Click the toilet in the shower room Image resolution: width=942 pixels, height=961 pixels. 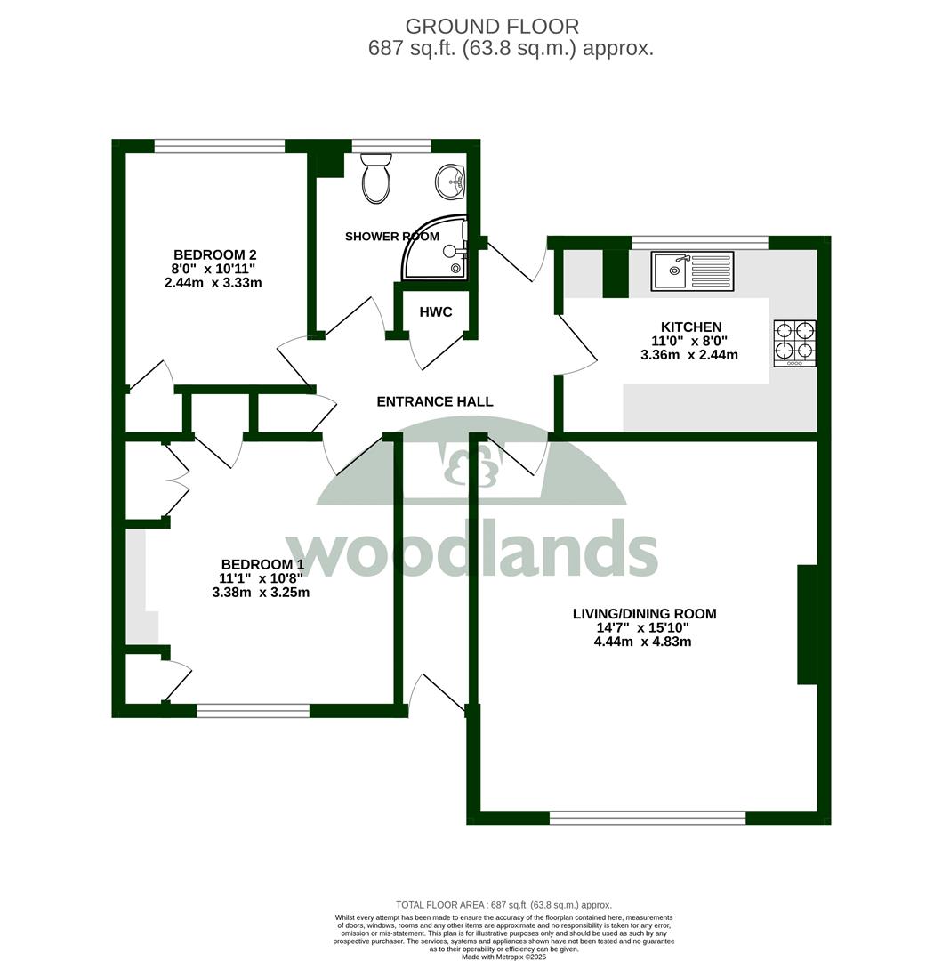pyautogui.click(x=376, y=178)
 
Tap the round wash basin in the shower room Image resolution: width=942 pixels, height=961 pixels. pyautogui.click(x=451, y=182)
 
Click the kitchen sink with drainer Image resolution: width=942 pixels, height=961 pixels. pyautogui.click(x=692, y=271)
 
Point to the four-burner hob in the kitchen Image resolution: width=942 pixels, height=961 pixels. pyautogui.click(x=795, y=343)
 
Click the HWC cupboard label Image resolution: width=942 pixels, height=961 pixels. pyautogui.click(x=436, y=312)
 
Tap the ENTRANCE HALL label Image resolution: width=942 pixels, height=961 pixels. pyautogui.click(x=435, y=401)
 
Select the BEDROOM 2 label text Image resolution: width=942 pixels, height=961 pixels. pyautogui.click(x=215, y=255)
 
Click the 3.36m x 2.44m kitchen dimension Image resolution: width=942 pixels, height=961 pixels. pyautogui.click(x=689, y=355)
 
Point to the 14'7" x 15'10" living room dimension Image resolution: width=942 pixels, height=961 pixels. pyautogui.click(x=643, y=627)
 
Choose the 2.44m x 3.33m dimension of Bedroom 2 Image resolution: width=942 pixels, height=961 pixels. pyautogui.click(x=213, y=283)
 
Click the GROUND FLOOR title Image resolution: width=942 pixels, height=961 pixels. pyautogui.click(x=492, y=27)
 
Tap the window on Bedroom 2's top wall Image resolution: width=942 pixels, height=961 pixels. pyautogui.click(x=220, y=146)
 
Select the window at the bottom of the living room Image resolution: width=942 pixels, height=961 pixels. pyautogui.click(x=648, y=818)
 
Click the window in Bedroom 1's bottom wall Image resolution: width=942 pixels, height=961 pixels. pyautogui.click(x=253, y=710)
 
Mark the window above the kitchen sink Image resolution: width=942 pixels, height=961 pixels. pyautogui.click(x=700, y=243)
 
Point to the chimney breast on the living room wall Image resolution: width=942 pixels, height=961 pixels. pyautogui.click(x=808, y=625)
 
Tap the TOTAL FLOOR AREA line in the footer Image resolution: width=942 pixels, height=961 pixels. pyautogui.click(x=503, y=905)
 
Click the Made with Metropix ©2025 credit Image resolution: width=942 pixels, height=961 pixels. pyautogui.click(x=503, y=956)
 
